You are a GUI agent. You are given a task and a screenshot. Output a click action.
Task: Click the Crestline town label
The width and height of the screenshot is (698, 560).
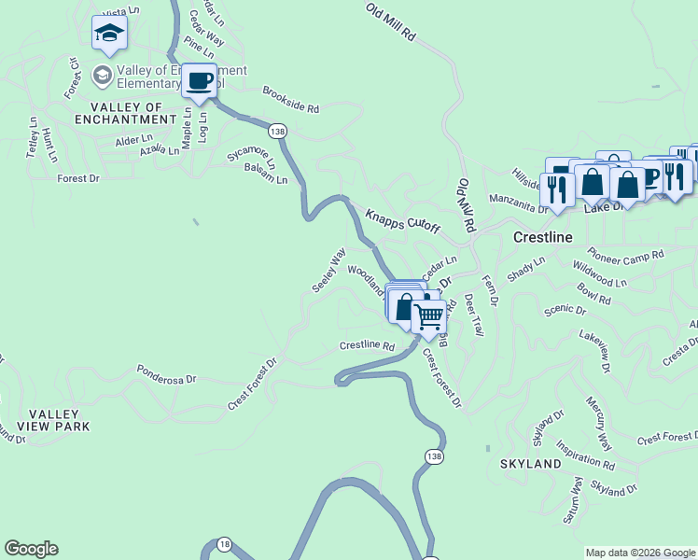click(542, 237)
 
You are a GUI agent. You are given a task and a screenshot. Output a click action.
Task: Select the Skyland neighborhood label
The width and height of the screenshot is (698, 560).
click(531, 463)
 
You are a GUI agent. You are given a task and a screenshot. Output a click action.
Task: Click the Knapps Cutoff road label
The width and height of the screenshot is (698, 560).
click(402, 221)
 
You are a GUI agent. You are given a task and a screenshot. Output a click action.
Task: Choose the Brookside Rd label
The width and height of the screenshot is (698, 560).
click(290, 101)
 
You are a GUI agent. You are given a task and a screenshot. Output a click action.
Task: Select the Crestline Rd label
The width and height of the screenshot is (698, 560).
click(367, 345)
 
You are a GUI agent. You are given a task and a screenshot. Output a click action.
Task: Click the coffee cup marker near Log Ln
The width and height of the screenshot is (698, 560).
click(198, 80)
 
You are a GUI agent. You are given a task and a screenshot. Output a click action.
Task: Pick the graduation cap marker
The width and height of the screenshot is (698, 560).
click(109, 34)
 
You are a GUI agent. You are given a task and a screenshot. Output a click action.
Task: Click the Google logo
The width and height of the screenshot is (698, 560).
click(31, 549)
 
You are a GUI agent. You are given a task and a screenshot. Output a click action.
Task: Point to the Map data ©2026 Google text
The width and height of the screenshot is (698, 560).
click(639, 553)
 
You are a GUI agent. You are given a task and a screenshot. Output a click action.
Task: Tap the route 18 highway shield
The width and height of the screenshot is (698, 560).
click(224, 544)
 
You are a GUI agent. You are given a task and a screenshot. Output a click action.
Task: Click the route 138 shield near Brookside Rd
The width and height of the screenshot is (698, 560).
click(276, 132)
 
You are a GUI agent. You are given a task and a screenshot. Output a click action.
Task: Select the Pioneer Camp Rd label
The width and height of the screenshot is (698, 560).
click(625, 254)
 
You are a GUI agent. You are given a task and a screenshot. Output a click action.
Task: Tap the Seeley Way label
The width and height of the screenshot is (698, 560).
click(329, 270)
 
